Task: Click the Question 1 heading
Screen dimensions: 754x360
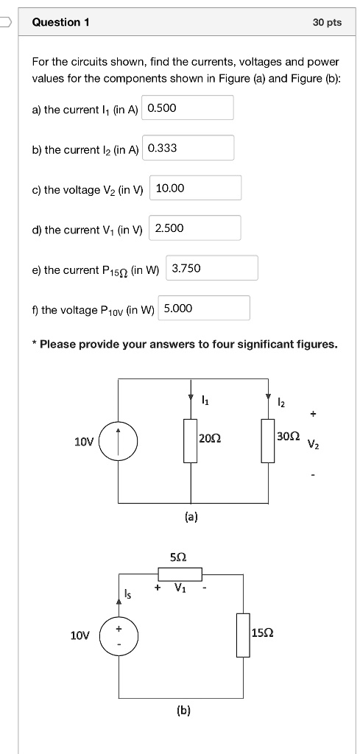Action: tap(60, 22)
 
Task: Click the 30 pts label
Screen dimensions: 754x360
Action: tap(327, 22)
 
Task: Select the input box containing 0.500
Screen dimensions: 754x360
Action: tap(188, 108)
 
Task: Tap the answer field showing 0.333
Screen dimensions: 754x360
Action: tap(188, 148)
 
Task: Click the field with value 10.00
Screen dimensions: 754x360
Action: tap(195, 188)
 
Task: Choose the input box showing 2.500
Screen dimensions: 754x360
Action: tap(195, 228)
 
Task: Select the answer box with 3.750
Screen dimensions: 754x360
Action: tap(212, 268)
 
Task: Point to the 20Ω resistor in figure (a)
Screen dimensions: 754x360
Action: tap(191, 440)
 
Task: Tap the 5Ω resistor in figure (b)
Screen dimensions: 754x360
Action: tap(180, 574)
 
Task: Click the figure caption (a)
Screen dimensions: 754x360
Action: tap(191, 518)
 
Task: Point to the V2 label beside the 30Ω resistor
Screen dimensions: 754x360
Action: tap(314, 445)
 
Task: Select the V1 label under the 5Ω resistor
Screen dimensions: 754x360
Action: tap(180, 588)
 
